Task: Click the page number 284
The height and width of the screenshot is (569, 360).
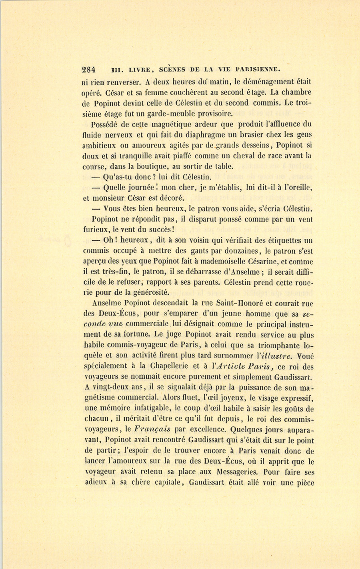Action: coord(88,69)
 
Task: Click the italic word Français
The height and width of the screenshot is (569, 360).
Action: coord(152,429)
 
